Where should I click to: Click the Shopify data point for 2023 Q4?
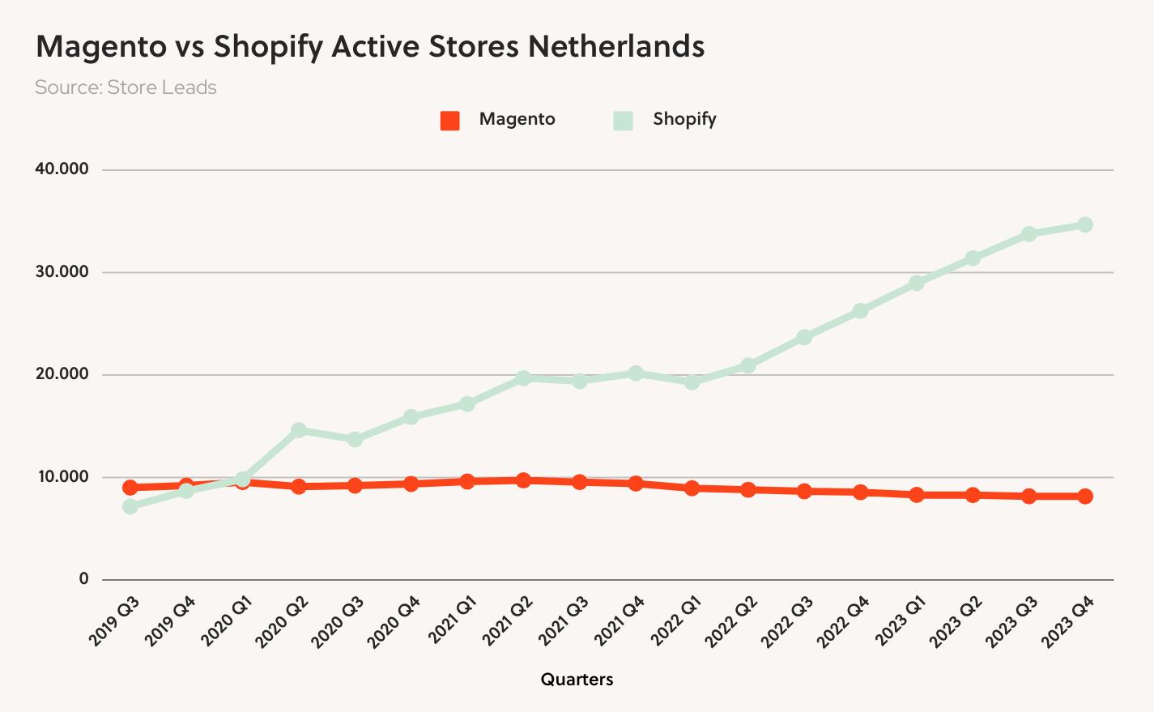(x=1085, y=224)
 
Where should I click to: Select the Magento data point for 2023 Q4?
(x=1085, y=496)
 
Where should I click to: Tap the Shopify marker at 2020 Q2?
(x=299, y=429)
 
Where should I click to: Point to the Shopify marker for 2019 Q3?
(x=130, y=506)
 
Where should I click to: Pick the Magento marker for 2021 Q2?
(x=523, y=480)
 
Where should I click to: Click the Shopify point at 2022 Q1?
(x=692, y=382)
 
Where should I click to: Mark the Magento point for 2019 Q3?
(x=130, y=488)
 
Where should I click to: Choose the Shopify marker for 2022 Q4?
(x=860, y=310)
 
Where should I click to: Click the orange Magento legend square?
(x=450, y=120)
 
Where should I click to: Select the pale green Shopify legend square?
(x=623, y=120)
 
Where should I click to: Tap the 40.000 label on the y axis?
(x=62, y=169)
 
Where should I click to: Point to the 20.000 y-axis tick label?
(x=62, y=374)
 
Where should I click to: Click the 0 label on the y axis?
(x=84, y=579)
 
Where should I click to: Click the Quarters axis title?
(x=577, y=680)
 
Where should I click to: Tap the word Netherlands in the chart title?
(x=615, y=46)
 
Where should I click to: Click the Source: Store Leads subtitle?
(x=126, y=87)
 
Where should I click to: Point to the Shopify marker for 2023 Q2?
(x=973, y=258)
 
